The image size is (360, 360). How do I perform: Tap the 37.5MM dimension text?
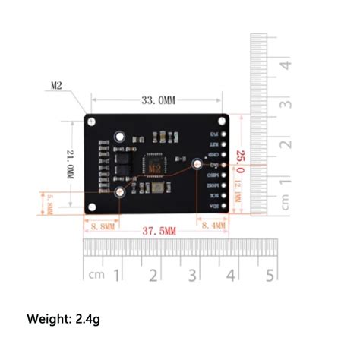point(159,230)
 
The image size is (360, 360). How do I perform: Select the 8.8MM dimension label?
point(102,226)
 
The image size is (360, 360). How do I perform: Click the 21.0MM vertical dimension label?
point(69,166)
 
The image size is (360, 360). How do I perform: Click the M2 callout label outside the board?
point(56,87)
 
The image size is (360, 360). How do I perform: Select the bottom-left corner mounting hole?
point(92,207)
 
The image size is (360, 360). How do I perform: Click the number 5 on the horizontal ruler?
point(269,274)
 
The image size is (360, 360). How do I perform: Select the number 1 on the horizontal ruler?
point(117,274)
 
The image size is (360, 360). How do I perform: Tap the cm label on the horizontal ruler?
point(96,275)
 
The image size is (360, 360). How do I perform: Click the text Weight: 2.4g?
point(64,319)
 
